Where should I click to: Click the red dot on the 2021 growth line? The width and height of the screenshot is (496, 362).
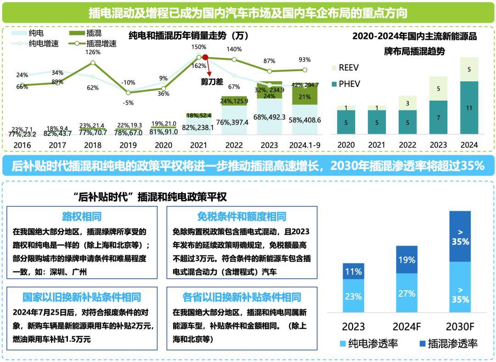tap(205, 57)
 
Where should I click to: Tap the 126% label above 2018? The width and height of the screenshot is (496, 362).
tap(92, 52)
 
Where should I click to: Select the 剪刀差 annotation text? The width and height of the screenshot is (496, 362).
tap(212, 81)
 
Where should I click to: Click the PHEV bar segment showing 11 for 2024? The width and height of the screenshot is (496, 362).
tap(469, 108)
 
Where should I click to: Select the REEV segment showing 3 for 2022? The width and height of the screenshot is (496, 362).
tap(407, 103)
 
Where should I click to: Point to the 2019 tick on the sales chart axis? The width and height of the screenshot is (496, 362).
tap(128, 145)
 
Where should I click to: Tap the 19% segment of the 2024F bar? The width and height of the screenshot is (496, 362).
tap(407, 260)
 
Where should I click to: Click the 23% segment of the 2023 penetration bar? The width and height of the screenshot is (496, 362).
tap(353, 296)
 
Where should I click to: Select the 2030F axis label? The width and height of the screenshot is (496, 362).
tap(460, 327)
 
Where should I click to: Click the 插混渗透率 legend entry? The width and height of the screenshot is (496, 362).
tap(448, 343)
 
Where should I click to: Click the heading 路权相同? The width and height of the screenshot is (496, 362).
tap(82, 216)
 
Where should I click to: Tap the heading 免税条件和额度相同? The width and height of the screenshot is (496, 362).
tap(242, 216)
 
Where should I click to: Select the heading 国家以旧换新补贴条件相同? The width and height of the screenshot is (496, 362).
tap(82, 297)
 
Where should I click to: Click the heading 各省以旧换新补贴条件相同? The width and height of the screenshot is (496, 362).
tap(242, 297)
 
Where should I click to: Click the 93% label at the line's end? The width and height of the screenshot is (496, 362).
tap(304, 60)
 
